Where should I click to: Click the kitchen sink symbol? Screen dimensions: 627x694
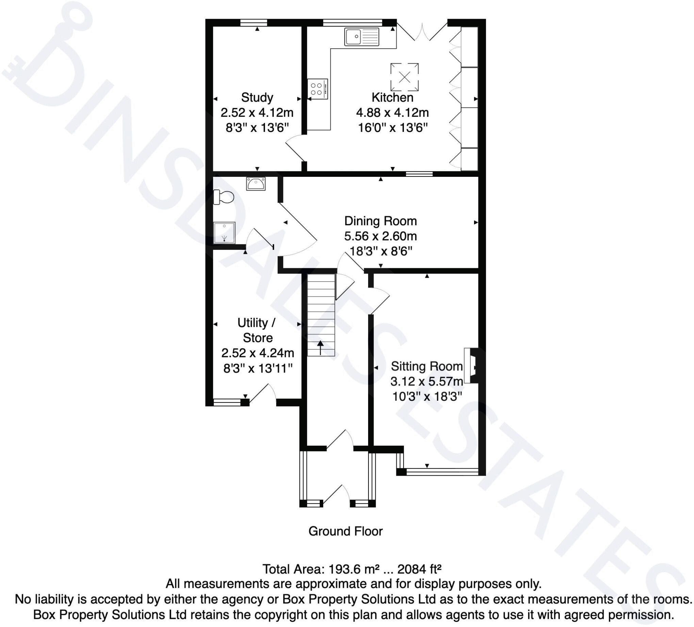(x=361, y=36)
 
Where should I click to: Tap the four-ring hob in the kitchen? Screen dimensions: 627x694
(x=317, y=89)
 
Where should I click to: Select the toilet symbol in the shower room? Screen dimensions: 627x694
(x=224, y=197)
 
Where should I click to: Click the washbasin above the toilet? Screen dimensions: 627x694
(x=256, y=184)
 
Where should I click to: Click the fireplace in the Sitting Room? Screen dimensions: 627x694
(x=471, y=366)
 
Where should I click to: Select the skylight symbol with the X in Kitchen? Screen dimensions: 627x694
(x=405, y=77)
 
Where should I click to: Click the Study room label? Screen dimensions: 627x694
(x=257, y=97)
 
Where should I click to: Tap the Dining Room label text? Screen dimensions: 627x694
(x=380, y=221)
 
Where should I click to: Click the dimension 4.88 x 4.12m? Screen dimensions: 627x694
(x=392, y=113)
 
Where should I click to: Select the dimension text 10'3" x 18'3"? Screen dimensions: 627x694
(x=427, y=397)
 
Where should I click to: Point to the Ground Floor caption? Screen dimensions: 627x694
(x=345, y=531)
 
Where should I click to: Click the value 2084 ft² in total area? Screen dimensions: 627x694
(x=419, y=569)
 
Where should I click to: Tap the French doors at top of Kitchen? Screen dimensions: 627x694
(x=422, y=33)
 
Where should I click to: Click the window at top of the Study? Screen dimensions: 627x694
(x=253, y=23)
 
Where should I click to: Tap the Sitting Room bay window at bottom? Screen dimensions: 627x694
(x=442, y=472)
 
